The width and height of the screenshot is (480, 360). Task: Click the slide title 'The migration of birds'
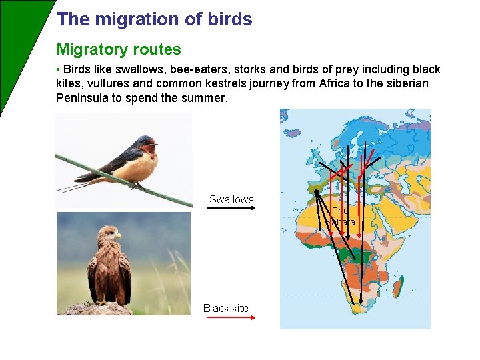click(x=155, y=19)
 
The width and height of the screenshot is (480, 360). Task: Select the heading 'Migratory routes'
click(x=119, y=49)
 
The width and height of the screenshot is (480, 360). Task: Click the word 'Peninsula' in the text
click(x=84, y=98)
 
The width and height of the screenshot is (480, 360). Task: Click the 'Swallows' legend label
click(x=231, y=199)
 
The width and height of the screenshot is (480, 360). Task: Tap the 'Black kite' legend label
click(x=226, y=308)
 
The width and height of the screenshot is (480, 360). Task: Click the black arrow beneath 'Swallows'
click(x=231, y=208)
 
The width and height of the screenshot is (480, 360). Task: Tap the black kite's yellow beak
click(x=117, y=235)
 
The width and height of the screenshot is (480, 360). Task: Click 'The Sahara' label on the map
click(x=340, y=216)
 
